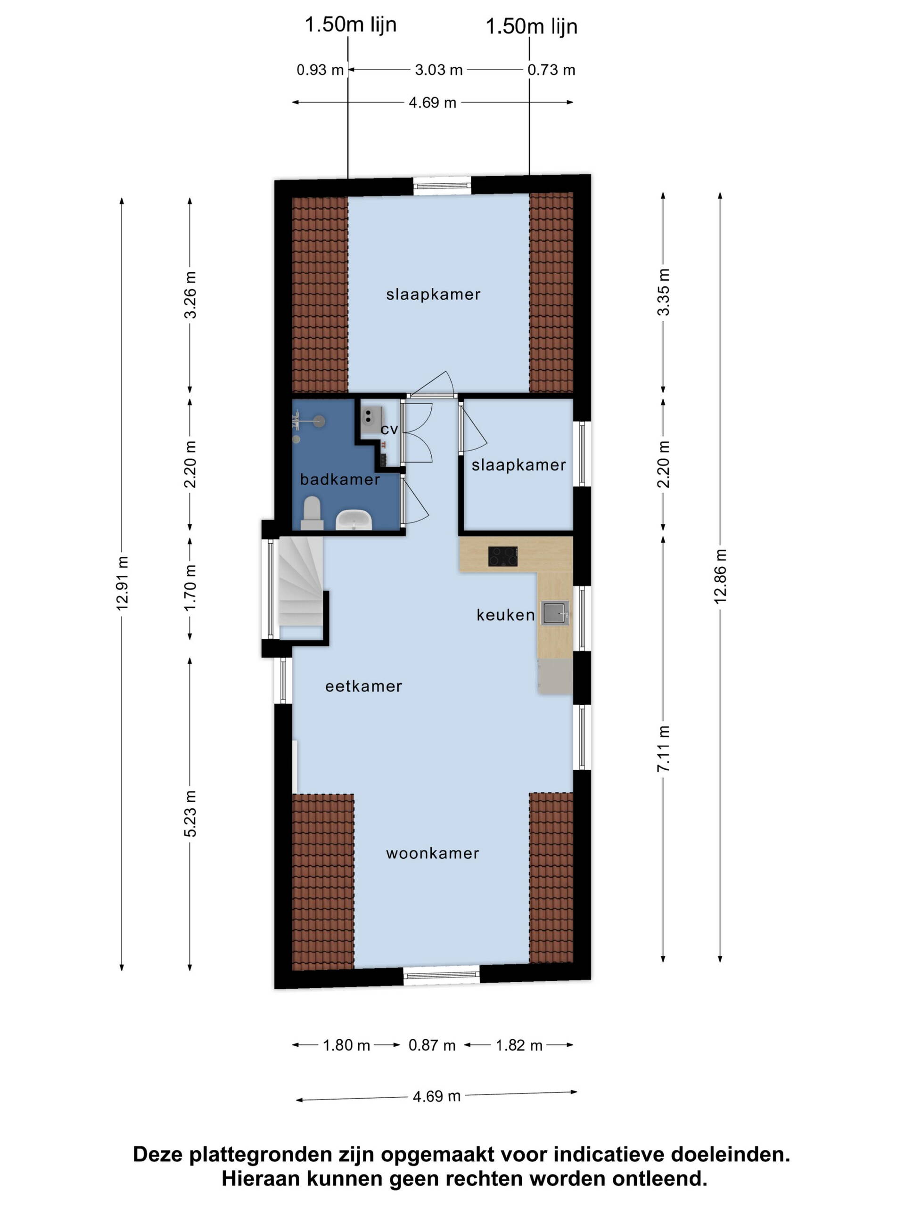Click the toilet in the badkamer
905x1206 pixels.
[x=312, y=513]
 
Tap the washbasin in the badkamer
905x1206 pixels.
[x=353, y=520]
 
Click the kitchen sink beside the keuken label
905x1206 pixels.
[x=555, y=613]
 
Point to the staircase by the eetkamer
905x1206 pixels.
[x=300, y=587]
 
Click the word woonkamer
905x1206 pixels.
[x=433, y=853]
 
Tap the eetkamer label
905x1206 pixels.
[x=363, y=686]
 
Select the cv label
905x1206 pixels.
[x=389, y=430]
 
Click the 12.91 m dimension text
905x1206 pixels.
[x=122, y=583]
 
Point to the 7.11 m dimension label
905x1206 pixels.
[x=663, y=749]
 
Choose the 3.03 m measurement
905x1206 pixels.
[x=438, y=70]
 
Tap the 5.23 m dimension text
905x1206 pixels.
[x=190, y=814]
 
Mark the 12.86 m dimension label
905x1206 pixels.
[x=720, y=576]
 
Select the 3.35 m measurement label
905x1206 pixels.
[x=663, y=292]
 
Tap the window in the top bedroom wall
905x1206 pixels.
[x=442, y=185]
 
